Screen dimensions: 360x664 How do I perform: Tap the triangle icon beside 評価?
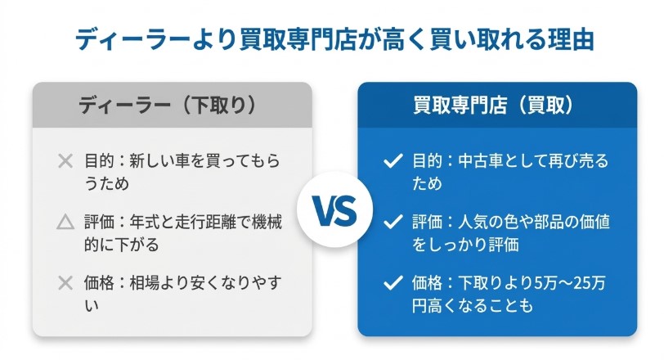65,223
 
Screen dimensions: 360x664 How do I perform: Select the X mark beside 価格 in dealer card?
65,283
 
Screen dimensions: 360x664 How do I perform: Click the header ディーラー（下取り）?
172,105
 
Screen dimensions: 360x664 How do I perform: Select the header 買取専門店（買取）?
497,105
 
